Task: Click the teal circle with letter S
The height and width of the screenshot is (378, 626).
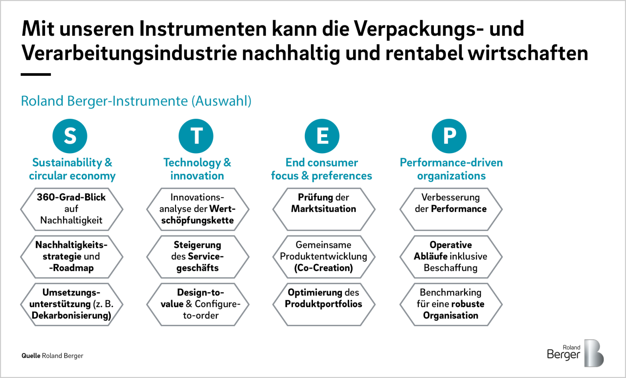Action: pos(70,136)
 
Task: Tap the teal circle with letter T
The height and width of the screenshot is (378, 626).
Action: pos(196,136)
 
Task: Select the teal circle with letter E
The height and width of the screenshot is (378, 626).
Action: pos(322,136)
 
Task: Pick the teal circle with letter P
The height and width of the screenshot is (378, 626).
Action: pos(449,136)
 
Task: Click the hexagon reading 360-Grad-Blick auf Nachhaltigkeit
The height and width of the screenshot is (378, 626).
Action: pos(72,209)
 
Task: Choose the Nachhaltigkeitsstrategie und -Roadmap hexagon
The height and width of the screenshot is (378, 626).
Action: pos(72,257)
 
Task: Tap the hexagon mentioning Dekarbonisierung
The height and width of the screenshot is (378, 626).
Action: pos(72,304)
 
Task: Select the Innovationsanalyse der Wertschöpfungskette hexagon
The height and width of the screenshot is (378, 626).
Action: pos(198,209)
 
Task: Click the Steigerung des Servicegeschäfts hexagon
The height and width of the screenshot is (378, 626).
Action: pos(198,257)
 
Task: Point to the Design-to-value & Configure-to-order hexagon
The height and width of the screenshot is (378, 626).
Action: pos(198,304)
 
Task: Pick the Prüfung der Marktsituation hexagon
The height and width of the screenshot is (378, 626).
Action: pos(324,209)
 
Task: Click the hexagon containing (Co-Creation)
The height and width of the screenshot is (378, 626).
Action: pos(324,257)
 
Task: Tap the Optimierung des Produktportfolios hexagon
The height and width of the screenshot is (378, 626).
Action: pos(324,304)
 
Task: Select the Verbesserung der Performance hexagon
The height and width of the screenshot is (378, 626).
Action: pos(451,209)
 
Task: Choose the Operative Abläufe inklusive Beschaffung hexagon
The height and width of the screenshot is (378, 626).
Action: pos(451,257)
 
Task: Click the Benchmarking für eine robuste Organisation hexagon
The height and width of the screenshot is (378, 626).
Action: pos(451,304)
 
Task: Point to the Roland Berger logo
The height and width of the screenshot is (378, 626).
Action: pos(575,353)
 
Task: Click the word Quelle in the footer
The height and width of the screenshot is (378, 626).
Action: pos(31,356)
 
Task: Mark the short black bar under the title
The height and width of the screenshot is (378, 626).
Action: pos(36,75)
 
